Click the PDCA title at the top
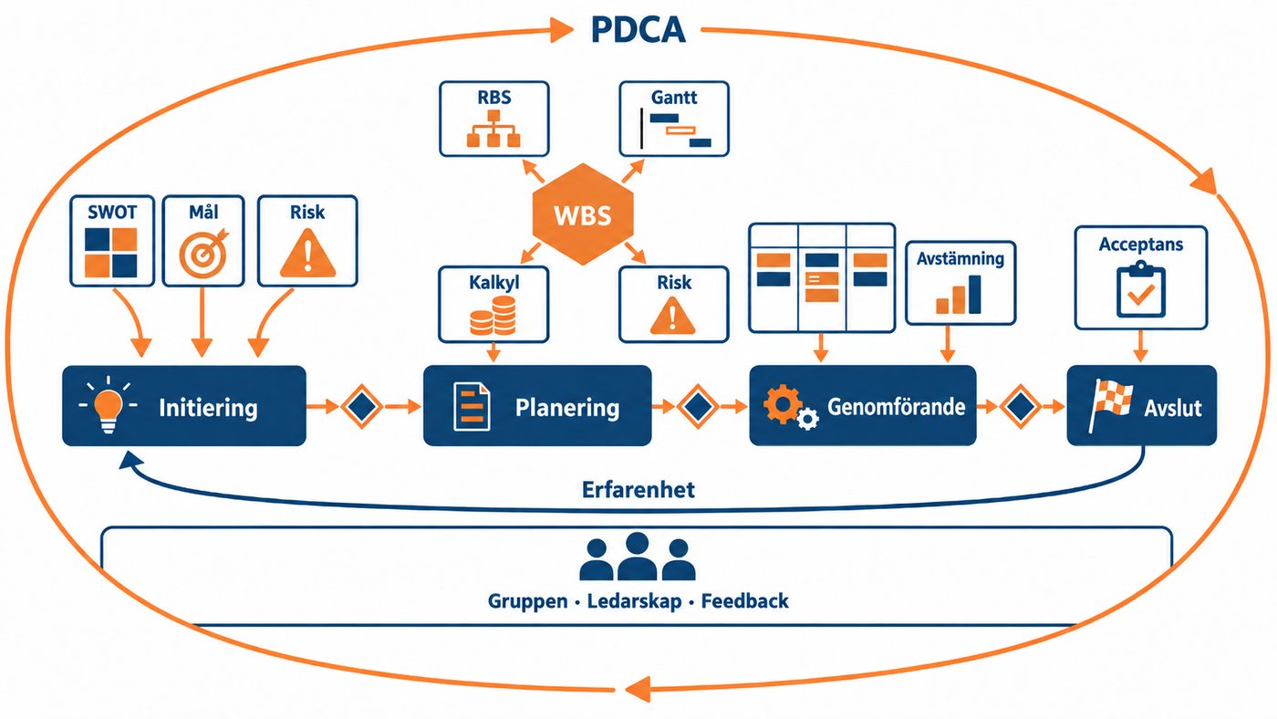click(x=638, y=29)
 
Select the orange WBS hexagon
click(x=583, y=214)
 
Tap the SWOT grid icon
click(x=111, y=253)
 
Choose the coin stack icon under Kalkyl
click(x=493, y=316)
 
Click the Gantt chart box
click(x=674, y=119)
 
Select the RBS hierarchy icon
click(x=493, y=129)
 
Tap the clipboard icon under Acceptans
click(x=1141, y=289)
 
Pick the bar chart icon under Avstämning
click(x=959, y=295)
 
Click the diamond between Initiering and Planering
click(x=362, y=407)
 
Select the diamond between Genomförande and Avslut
click(x=1020, y=407)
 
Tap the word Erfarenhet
click(x=638, y=490)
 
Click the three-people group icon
click(x=638, y=557)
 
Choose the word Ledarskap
click(x=635, y=601)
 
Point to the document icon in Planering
click(x=472, y=407)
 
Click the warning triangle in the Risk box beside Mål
click(x=308, y=253)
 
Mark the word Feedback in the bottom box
click(x=744, y=601)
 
